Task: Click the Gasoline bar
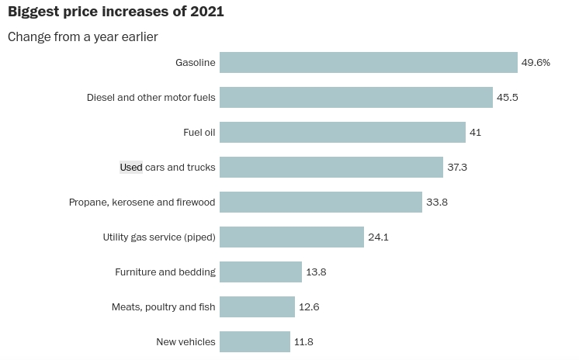368,63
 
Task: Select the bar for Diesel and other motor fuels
355,98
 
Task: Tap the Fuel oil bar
342,133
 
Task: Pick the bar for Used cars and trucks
331,168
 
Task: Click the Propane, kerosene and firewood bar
321,202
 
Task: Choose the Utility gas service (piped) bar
291,237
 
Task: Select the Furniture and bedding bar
260,272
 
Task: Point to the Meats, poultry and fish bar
257,307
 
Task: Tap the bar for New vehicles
255,342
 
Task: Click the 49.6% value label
536,63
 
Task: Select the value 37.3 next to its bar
457,168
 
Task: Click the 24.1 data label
378,237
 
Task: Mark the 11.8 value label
303,342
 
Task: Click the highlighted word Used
131,168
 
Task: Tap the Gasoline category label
195,63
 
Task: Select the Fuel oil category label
199,133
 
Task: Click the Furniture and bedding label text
165,272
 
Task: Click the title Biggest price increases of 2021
116,13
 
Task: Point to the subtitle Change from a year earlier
83,36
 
